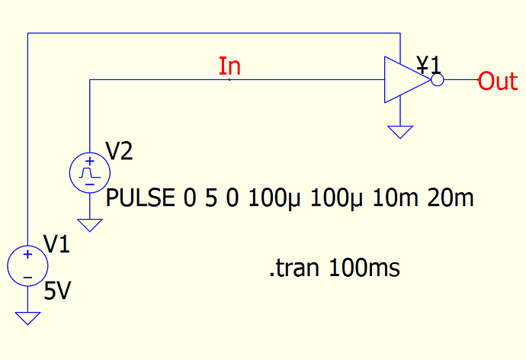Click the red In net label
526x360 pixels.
[229, 67]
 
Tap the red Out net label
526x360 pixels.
[498, 81]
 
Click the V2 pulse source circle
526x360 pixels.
[89, 172]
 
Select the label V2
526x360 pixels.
[120, 151]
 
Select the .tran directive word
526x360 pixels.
[295, 268]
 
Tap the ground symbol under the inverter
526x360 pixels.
[399, 132]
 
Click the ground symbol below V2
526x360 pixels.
[89, 226]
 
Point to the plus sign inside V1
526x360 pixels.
[27, 256]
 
